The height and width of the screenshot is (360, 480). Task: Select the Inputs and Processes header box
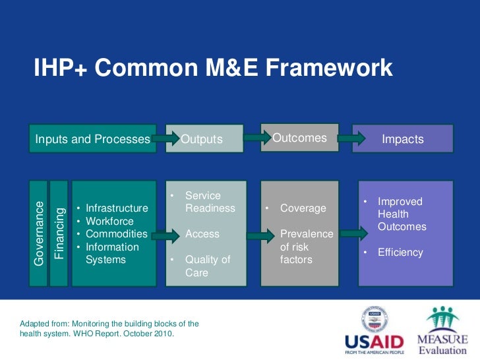92,139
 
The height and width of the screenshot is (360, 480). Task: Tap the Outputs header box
202,139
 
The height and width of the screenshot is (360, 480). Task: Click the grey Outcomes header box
299,138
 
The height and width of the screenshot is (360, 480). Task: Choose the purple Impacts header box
402,139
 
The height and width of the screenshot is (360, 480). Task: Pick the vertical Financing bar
59,233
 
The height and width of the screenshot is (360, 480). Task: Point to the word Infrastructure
117,208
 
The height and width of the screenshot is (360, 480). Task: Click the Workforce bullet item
109,222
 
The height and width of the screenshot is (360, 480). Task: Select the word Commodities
117,234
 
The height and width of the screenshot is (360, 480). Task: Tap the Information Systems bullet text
112,253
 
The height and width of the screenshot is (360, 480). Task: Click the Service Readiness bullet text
210,202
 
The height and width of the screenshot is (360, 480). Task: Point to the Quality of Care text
207,266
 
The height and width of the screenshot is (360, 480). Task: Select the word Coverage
303,208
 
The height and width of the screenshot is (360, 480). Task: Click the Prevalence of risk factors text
306,247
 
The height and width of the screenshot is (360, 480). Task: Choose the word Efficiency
400,253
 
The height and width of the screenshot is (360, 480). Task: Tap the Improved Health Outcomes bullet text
402,214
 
